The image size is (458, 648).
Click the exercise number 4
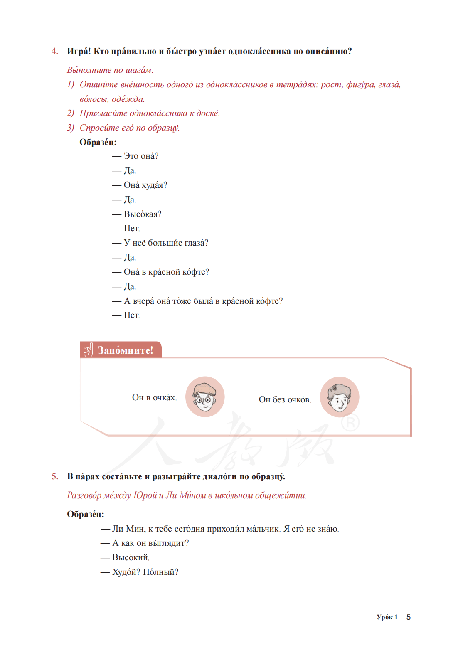pyautogui.click(x=55, y=51)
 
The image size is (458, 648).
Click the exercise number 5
pyautogui.click(x=55, y=476)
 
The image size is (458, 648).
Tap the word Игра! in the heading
pyautogui.click(x=79, y=51)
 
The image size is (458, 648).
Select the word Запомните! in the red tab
pyautogui.click(x=126, y=350)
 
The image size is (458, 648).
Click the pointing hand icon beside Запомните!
pyautogui.click(x=88, y=350)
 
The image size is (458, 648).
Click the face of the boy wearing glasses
pyautogui.click(x=204, y=397)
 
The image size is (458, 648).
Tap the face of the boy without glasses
pyautogui.click(x=340, y=397)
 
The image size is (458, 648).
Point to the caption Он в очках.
pyautogui.click(x=154, y=397)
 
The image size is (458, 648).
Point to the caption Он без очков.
pyautogui.click(x=285, y=399)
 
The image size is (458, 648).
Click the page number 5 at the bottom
pyautogui.click(x=409, y=617)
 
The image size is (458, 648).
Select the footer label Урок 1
pyautogui.click(x=387, y=617)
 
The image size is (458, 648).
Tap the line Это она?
pyautogui.click(x=141, y=156)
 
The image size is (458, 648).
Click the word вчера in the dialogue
pyautogui.click(x=143, y=301)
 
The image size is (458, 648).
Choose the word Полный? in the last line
pyautogui.click(x=160, y=572)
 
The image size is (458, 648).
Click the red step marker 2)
pyautogui.click(x=71, y=113)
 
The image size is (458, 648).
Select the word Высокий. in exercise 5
pyautogui.click(x=131, y=557)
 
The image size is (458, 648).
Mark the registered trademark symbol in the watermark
pyautogui.click(x=350, y=423)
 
